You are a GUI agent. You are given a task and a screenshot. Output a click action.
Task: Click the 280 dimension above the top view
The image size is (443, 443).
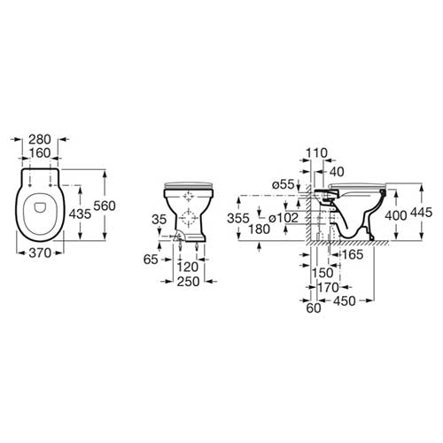[40, 139]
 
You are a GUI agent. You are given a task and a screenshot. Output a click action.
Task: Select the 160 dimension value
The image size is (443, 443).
[40, 153]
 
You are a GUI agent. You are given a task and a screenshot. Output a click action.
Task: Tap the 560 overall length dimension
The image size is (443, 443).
[105, 206]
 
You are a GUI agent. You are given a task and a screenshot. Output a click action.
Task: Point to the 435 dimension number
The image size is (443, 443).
[80, 214]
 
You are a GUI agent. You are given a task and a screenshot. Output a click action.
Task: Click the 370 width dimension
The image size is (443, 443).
[40, 253]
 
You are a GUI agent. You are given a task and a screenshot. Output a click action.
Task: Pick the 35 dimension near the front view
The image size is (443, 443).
[159, 220]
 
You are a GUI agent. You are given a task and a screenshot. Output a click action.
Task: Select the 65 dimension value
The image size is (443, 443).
[151, 260]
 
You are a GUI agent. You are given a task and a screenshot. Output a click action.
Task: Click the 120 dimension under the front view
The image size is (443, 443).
[188, 268]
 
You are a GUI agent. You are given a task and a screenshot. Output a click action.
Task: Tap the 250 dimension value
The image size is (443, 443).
[189, 282]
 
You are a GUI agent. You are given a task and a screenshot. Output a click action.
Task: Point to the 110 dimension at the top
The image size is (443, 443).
[316, 153]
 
